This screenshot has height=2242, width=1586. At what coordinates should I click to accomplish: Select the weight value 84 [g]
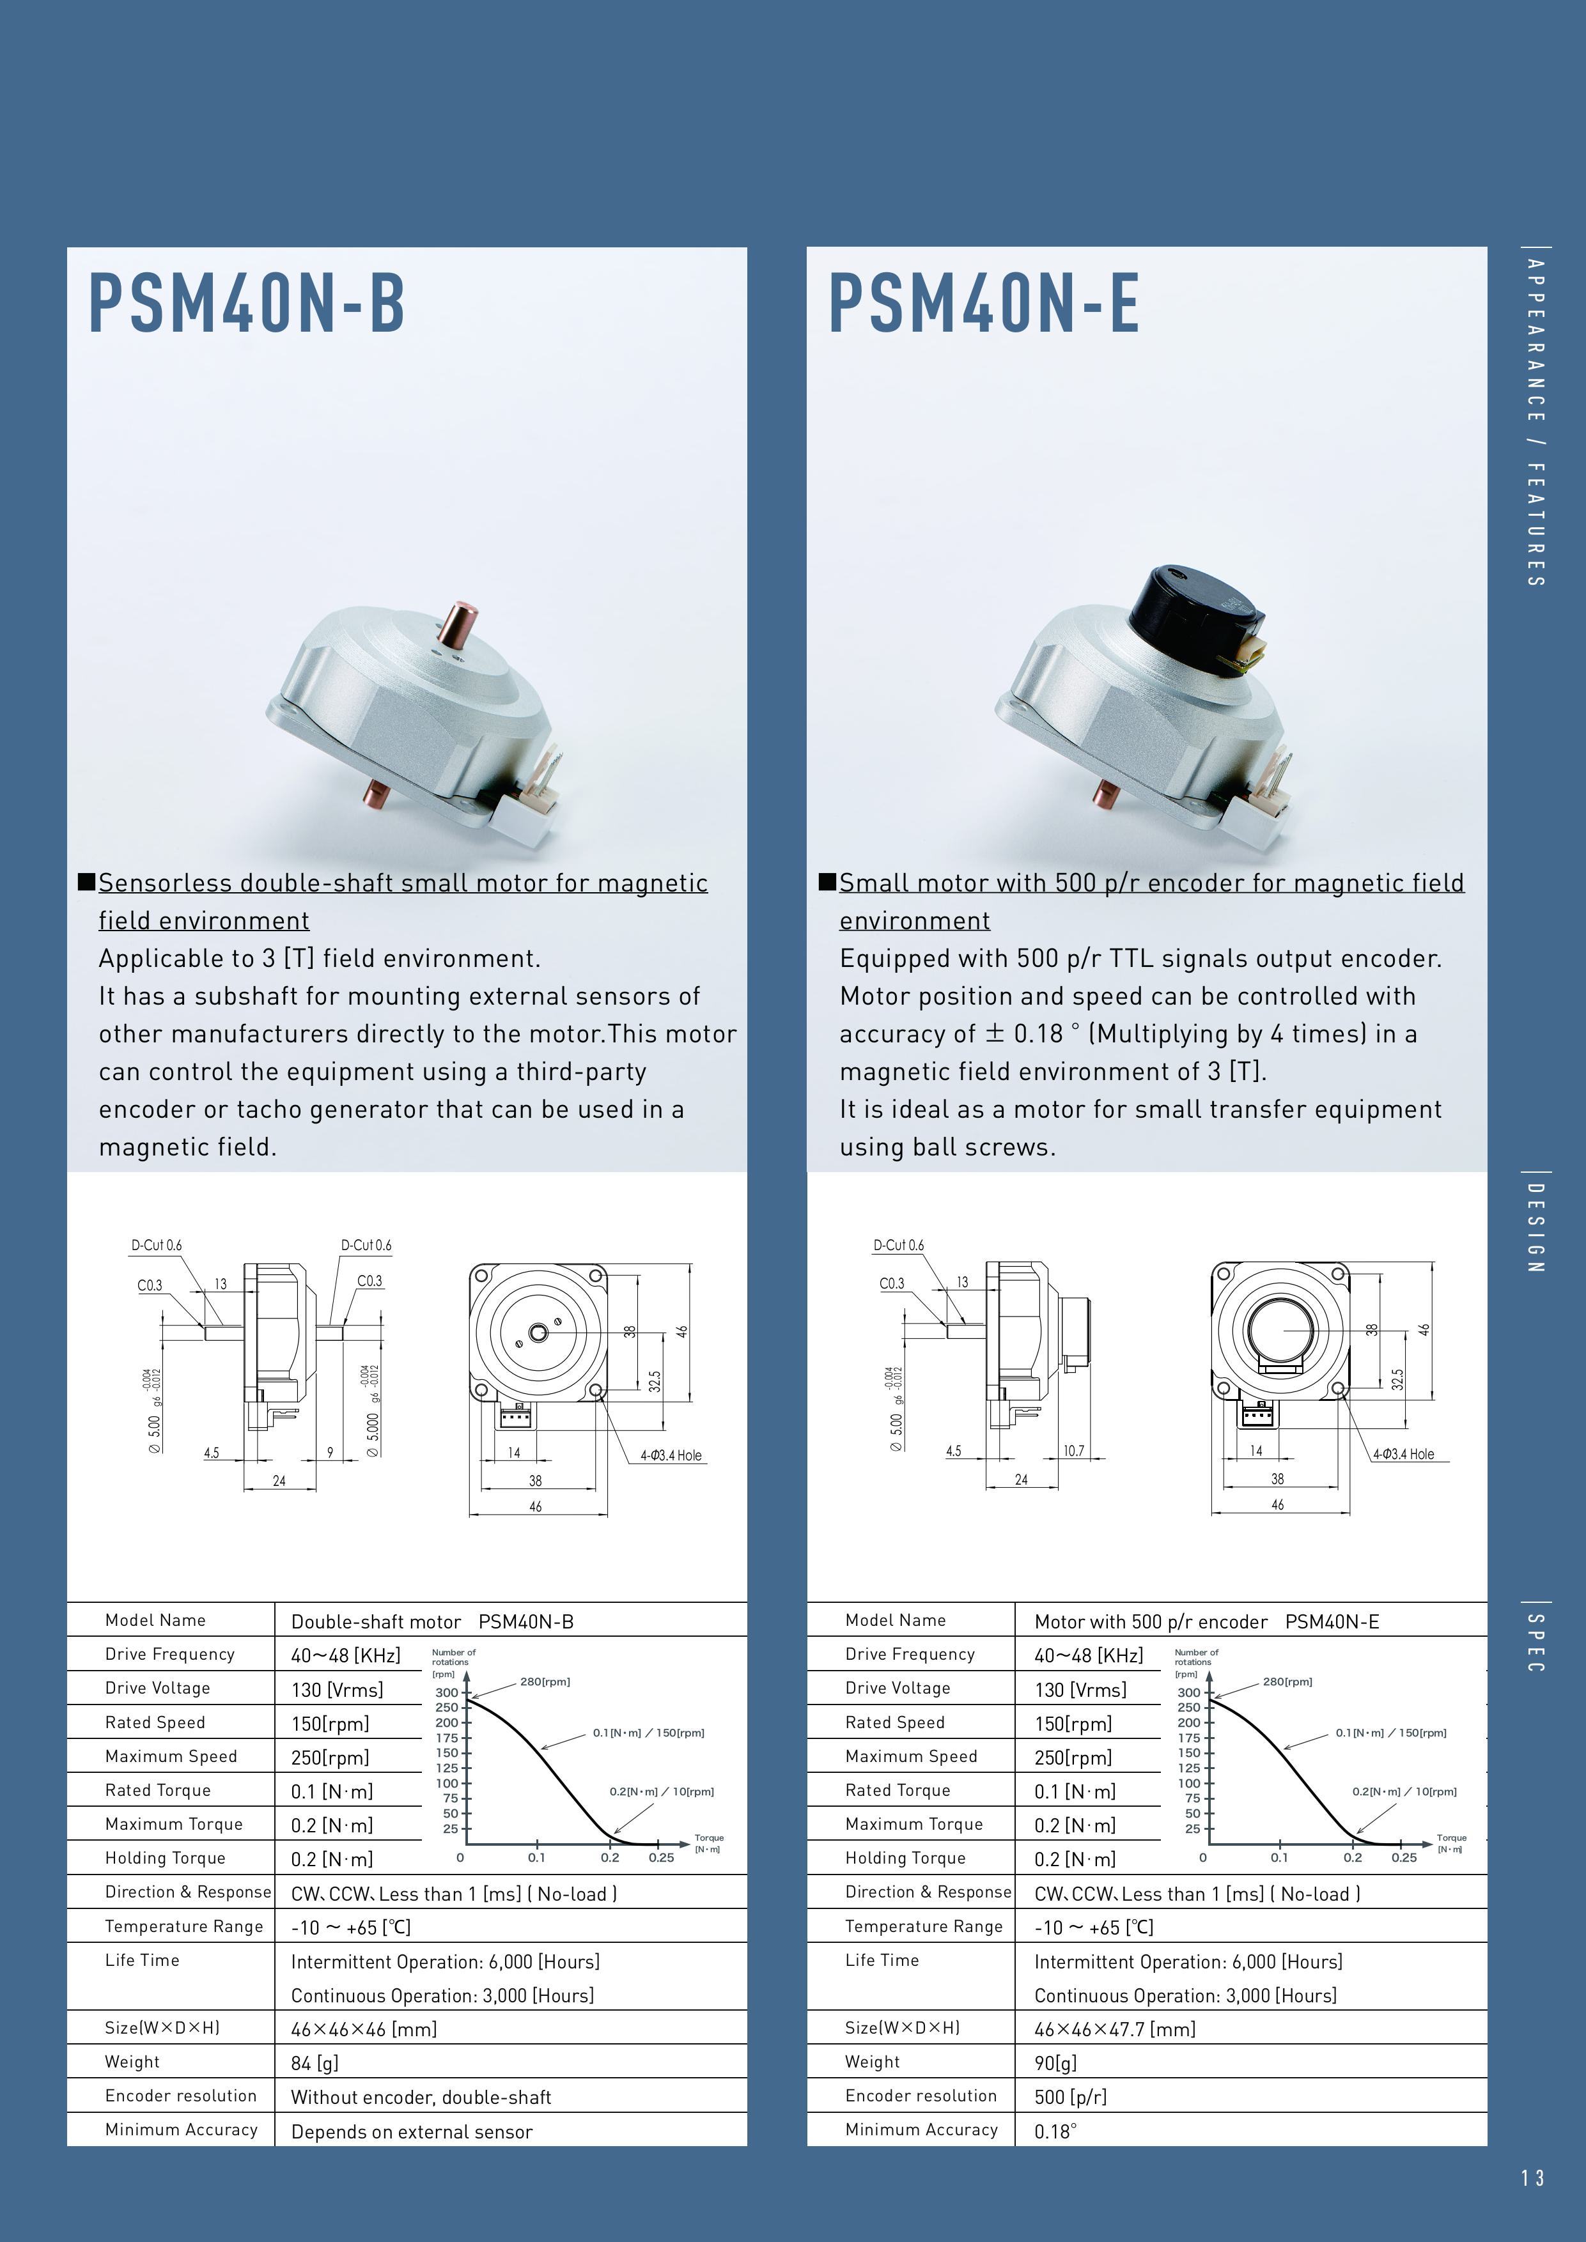pyautogui.click(x=315, y=2063)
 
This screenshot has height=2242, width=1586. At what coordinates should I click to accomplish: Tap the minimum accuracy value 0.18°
pyautogui.click(x=1055, y=2131)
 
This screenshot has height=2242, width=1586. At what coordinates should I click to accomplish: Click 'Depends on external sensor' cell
pyautogui.click(x=411, y=2131)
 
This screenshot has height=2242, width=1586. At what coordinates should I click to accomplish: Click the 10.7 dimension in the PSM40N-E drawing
pyautogui.click(x=1073, y=1451)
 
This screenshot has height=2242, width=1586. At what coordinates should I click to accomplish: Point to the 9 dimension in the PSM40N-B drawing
pyautogui.click(x=330, y=1453)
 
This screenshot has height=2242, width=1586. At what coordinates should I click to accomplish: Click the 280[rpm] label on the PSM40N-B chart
pyautogui.click(x=545, y=1682)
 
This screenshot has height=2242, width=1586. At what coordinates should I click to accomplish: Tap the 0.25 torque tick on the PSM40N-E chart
pyautogui.click(x=1403, y=1857)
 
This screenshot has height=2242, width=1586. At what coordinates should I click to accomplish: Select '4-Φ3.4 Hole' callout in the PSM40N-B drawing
pyautogui.click(x=671, y=1455)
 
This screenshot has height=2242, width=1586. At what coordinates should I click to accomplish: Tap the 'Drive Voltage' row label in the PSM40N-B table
pyautogui.click(x=157, y=1687)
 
